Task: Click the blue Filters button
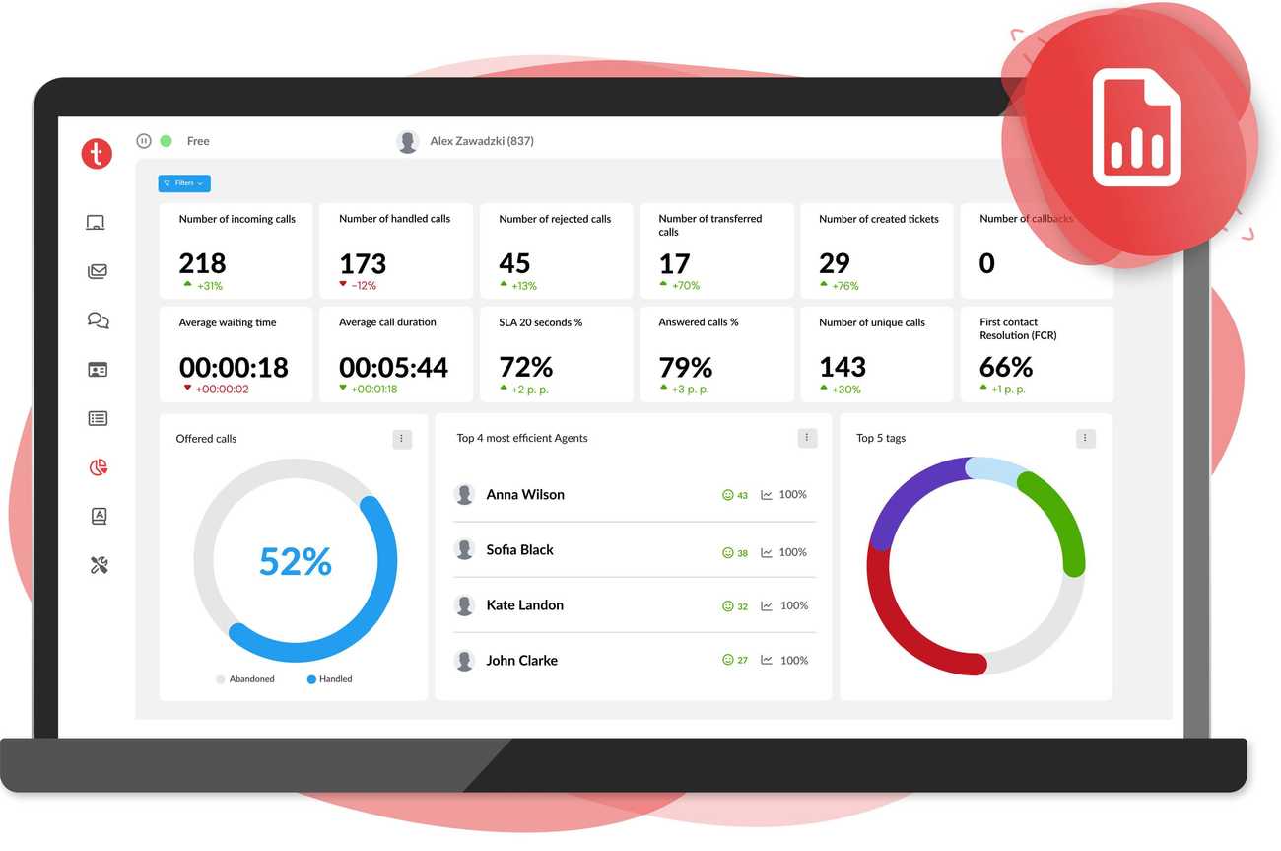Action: click(184, 183)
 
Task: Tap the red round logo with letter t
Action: click(97, 154)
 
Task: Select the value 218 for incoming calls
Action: click(202, 263)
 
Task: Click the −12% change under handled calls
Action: click(358, 286)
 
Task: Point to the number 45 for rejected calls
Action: click(514, 263)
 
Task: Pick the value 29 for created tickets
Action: click(834, 263)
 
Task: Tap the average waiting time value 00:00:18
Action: click(234, 368)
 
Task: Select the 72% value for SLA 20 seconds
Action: click(525, 368)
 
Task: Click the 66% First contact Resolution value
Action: click(1005, 368)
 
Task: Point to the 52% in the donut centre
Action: click(295, 562)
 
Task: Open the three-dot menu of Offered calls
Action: click(402, 439)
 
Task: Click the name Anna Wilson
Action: click(525, 495)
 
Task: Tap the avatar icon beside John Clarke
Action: click(464, 661)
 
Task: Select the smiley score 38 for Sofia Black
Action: click(735, 553)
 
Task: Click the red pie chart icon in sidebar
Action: click(98, 467)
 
